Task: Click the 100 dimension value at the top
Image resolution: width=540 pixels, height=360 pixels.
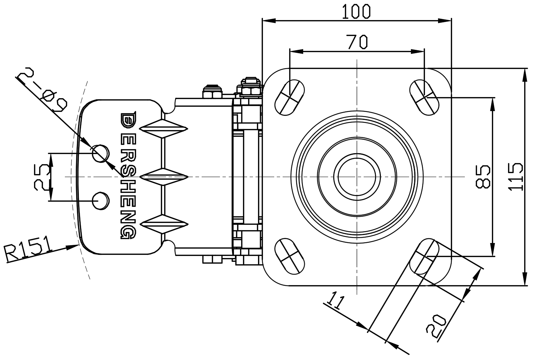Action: coord(356,12)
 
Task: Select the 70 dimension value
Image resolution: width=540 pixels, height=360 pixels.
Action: coord(357,42)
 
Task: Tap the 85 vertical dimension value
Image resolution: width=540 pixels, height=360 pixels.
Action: coord(483,176)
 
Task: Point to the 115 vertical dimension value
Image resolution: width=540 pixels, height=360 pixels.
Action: coord(515,176)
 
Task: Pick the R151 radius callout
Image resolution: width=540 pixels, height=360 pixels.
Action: coord(27,249)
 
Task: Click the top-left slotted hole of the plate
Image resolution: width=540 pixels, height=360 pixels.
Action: coord(290,97)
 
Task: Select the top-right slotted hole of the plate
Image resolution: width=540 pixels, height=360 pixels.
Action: coord(424,97)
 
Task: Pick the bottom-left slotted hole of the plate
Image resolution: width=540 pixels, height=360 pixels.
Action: coord(290,256)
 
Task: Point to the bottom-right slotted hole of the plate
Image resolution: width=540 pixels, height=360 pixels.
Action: coord(424,256)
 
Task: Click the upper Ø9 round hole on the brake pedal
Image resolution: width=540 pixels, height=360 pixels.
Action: coord(100,153)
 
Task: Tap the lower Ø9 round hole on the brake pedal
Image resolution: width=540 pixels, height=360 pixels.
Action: coord(100,201)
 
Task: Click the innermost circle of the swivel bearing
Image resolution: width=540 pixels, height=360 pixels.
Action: coord(357,177)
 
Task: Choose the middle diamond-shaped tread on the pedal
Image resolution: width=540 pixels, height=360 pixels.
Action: coord(164,177)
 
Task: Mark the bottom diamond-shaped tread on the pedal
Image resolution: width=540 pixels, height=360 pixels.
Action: coord(164,224)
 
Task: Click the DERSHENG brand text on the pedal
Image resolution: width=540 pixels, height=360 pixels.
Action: coord(128,176)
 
